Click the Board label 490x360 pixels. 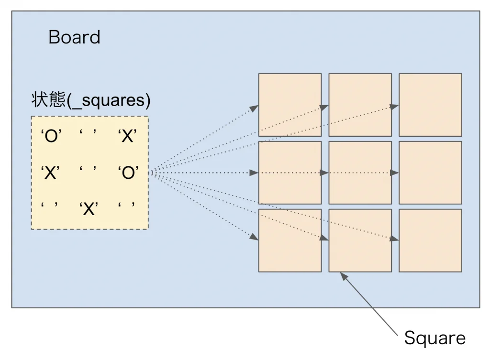[x=74, y=37]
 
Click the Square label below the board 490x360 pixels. [x=434, y=338]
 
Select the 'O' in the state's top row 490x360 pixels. [x=50, y=137]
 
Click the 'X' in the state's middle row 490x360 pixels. [x=50, y=173]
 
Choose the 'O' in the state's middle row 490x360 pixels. [x=128, y=173]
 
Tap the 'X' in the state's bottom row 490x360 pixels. [x=89, y=208]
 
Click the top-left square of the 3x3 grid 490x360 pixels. [x=290, y=105]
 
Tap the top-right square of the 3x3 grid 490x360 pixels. [x=430, y=105]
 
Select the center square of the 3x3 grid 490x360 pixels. [x=360, y=173]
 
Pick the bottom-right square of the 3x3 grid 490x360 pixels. [x=430, y=240]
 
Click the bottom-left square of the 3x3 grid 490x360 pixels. [x=290, y=240]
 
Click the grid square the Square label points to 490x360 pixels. [x=360, y=240]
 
